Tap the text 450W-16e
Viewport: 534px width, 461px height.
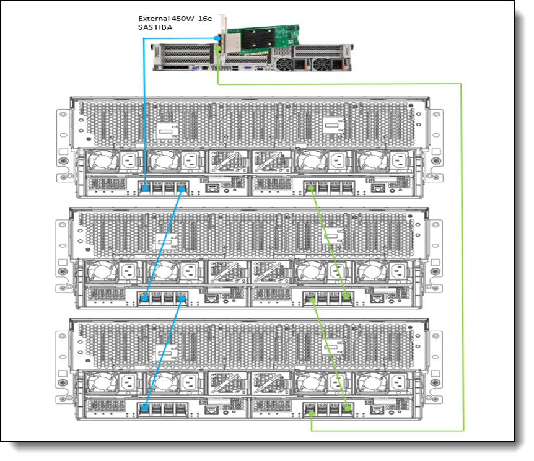188,18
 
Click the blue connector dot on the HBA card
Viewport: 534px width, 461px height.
217,38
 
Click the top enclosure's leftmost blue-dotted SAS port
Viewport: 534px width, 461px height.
144,187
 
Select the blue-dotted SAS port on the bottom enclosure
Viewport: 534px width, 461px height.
144,408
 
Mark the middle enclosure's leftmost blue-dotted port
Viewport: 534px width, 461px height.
144,298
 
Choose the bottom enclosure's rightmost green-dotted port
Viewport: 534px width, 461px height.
348,408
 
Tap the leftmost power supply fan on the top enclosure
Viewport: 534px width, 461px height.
99,163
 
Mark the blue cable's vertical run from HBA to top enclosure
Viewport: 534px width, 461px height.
144,112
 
